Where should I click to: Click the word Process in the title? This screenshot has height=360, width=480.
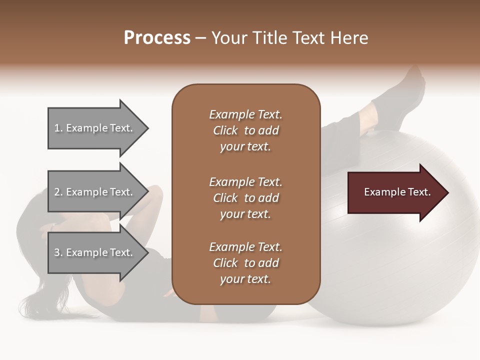tap(157, 38)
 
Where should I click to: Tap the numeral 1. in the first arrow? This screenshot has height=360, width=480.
tap(58, 128)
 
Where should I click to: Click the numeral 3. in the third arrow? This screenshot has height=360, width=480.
tap(58, 252)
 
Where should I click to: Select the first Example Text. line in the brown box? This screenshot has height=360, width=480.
tap(245, 114)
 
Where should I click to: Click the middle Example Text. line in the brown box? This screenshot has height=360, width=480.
tap(245, 181)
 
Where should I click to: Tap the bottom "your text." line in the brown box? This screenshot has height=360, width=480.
tap(245, 279)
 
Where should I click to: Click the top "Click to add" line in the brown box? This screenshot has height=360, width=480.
tap(245, 130)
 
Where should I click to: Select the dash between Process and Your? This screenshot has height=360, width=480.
tap(201, 38)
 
